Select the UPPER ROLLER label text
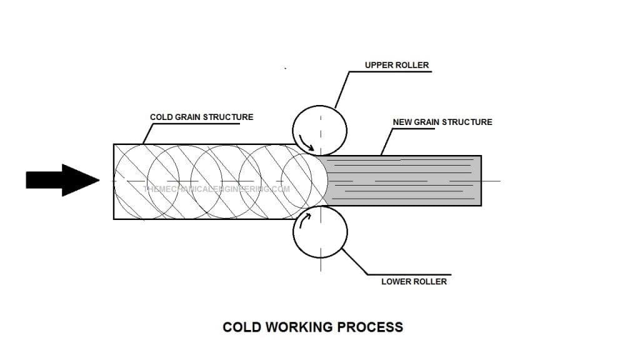point(397,65)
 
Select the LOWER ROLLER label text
point(414,282)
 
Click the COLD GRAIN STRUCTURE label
point(201,117)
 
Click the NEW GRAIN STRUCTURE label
point(442,122)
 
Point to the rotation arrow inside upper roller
point(306,142)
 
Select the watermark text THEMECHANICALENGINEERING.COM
point(216,189)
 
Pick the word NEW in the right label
point(402,122)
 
